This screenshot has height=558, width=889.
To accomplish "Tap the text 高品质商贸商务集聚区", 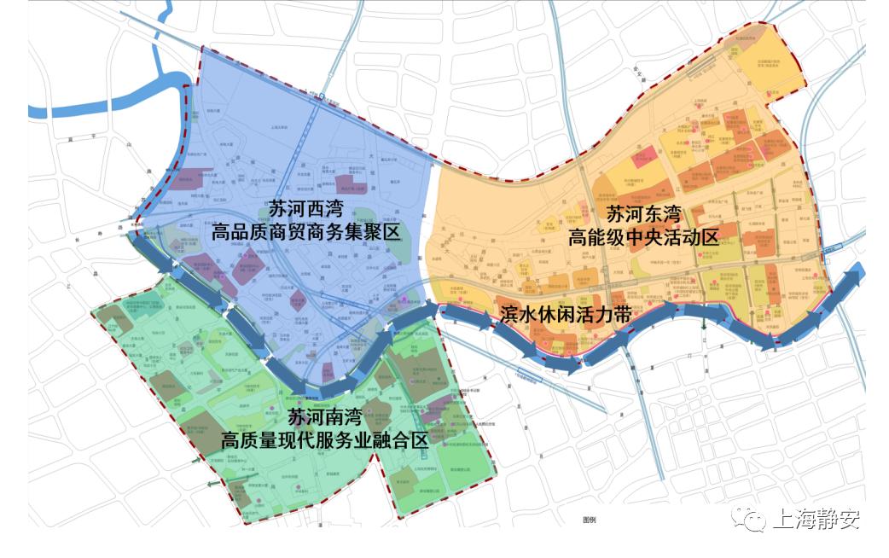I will click(x=305, y=232).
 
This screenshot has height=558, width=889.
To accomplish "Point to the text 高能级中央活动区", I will click(x=643, y=236).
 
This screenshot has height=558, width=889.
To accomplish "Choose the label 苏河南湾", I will click(x=324, y=418).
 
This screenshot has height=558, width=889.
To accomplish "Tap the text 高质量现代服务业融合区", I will click(x=324, y=441).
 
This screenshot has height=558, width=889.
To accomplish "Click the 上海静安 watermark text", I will click(x=816, y=520).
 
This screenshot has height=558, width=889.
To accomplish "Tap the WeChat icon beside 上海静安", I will click(x=753, y=520).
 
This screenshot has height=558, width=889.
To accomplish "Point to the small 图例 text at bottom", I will click(x=589, y=520).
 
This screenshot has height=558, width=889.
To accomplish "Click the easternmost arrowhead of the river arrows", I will click(x=856, y=275).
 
